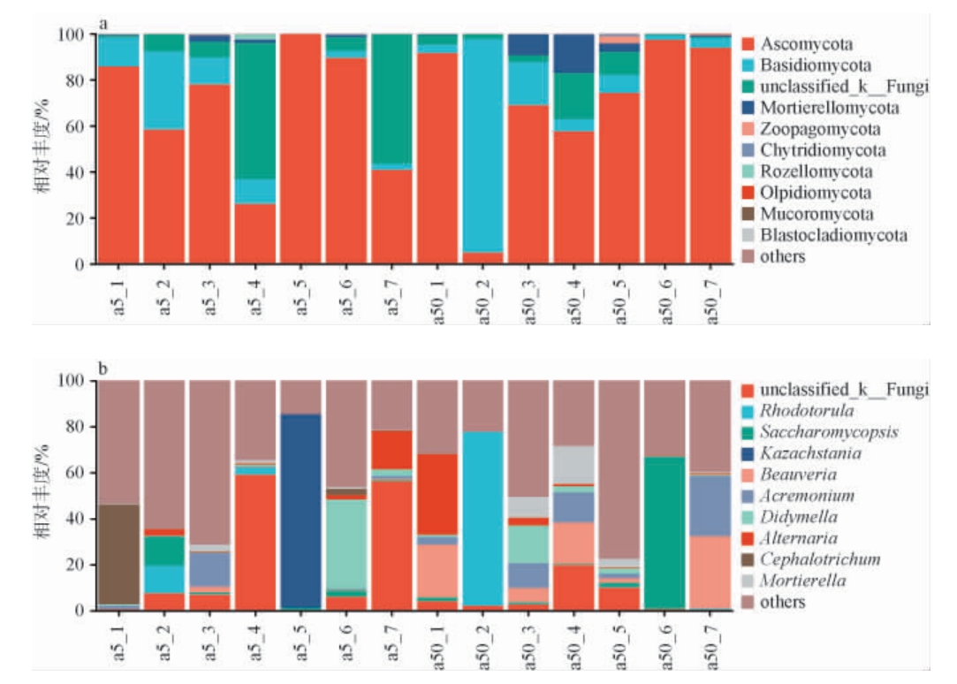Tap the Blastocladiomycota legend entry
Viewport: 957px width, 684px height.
832,236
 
